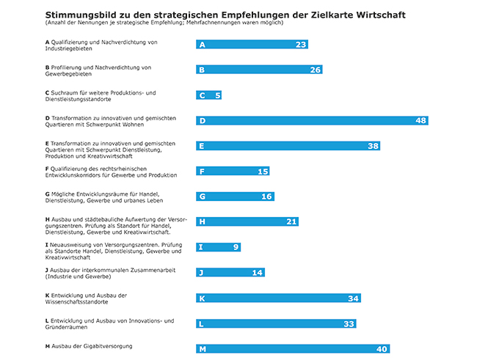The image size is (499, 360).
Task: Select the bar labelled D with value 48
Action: pos(312,120)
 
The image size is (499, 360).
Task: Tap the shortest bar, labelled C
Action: pos(209,95)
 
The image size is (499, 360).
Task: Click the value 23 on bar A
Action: pos(300,45)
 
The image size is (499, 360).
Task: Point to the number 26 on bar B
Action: pos(316,70)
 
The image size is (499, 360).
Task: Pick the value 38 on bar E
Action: pos(373,146)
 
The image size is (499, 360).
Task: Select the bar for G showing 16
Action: pos(235,196)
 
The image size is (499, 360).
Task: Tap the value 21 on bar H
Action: pos(291,221)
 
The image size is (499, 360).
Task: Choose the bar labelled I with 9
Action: pos(218,247)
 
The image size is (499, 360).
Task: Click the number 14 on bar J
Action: pos(257,273)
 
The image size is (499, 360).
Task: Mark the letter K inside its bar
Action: pos(202,298)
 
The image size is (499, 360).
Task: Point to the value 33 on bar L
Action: pos(349,324)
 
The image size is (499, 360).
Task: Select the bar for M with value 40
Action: pos(293,349)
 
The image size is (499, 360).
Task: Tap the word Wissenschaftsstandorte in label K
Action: pos(75,300)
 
